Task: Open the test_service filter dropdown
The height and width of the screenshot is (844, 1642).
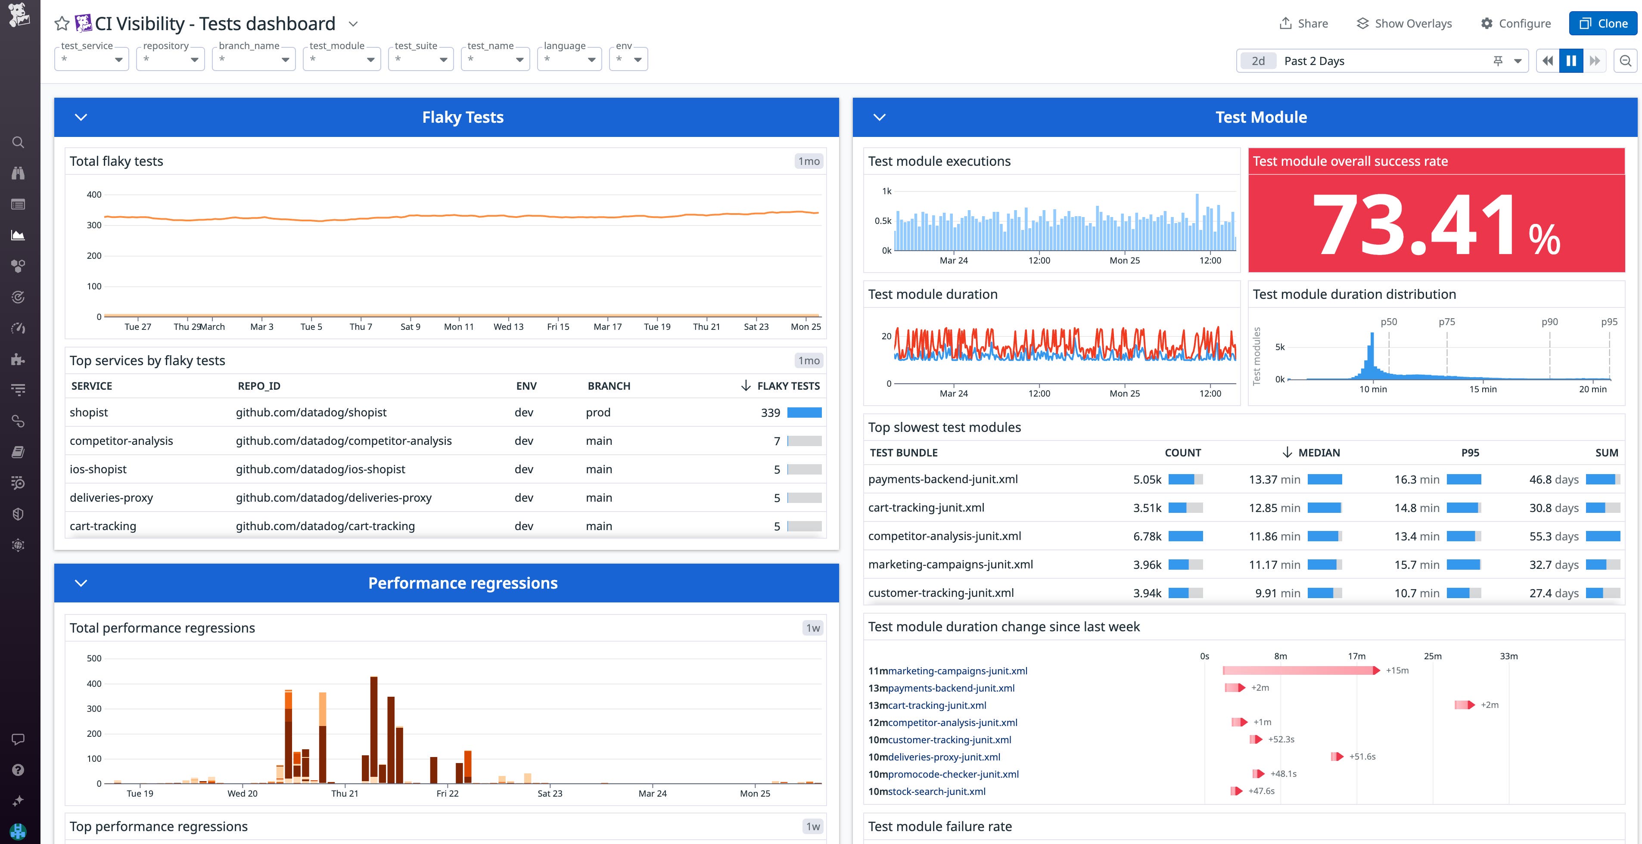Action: [x=92, y=59]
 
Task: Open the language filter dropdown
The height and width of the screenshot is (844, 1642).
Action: [x=569, y=59]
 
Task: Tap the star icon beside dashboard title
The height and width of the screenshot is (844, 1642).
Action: [x=62, y=24]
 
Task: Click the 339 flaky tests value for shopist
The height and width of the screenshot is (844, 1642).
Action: [x=770, y=413]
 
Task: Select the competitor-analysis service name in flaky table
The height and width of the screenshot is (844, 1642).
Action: [x=121, y=441]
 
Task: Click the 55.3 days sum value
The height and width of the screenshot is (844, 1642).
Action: [x=1553, y=536]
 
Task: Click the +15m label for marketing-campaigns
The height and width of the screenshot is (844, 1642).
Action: [x=1396, y=670]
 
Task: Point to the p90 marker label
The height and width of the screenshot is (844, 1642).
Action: [x=1549, y=322]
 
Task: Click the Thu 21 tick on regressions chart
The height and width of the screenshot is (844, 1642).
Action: [x=345, y=793]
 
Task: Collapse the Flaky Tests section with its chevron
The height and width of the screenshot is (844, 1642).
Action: [x=81, y=117]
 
